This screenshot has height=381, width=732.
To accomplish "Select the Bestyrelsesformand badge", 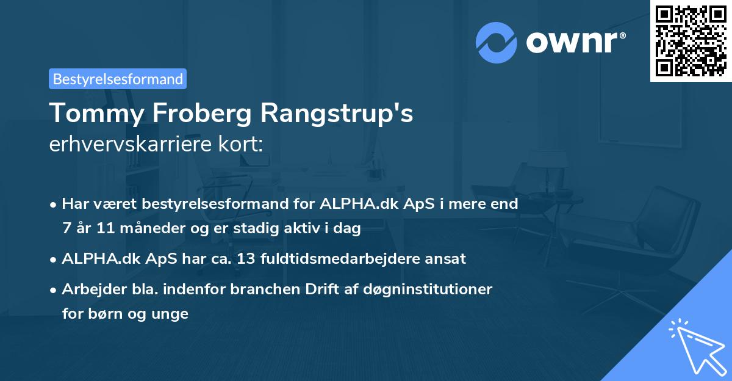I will tap(118, 79).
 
